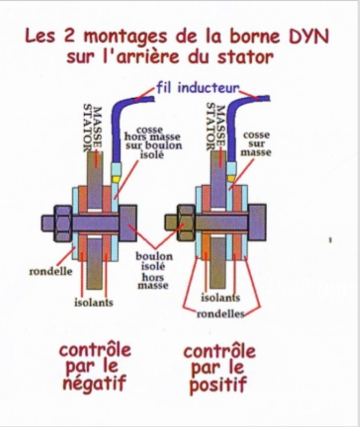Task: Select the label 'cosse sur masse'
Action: tap(257, 144)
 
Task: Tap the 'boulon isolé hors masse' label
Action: tap(154, 270)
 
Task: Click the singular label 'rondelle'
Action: tap(51, 271)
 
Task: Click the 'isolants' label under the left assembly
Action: tap(93, 303)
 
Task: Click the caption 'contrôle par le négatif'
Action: tap(94, 367)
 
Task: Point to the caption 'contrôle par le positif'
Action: tap(219, 368)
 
